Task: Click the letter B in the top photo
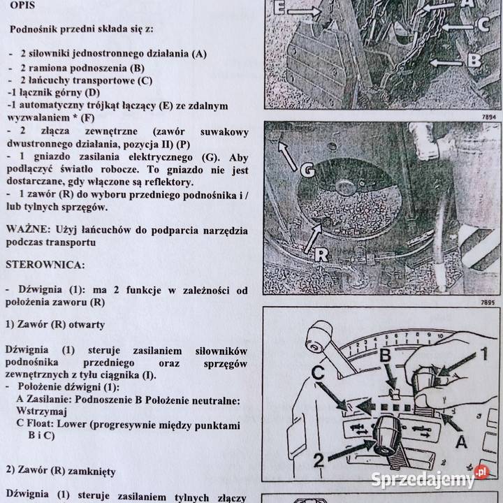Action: tap(474, 60)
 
